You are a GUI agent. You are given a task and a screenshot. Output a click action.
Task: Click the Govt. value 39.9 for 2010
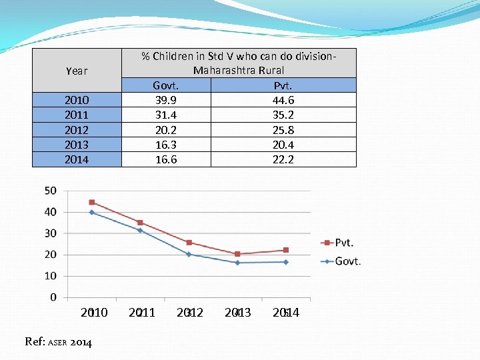tap(165, 100)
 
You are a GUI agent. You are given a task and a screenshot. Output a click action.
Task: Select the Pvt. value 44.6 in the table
tap(283, 100)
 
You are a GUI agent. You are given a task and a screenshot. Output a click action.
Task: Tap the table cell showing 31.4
tap(165, 115)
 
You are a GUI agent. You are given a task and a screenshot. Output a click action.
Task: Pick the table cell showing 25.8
tap(283, 130)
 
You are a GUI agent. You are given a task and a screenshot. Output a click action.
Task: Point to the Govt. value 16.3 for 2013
tap(165, 145)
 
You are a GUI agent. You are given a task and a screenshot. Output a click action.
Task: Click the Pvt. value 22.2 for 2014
tap(283, 159)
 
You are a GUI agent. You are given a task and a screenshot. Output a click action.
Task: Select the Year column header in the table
tap(77, 71)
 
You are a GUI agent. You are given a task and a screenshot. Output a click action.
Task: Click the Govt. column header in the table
tap(165, 85)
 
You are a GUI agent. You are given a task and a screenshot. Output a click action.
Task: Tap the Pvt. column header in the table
tap(283, 85)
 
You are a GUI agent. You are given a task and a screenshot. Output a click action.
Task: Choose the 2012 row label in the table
tap(77, 130)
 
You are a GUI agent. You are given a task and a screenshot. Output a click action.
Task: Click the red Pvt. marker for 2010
tap(92, 202)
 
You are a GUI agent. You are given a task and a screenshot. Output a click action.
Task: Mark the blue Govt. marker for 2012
tap(189, 254)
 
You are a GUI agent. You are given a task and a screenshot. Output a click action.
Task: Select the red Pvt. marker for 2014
tap(286, 250)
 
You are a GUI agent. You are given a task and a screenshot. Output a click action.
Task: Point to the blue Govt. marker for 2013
tap(237, 263)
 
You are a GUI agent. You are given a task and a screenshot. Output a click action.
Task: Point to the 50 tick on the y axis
tap(51, 191)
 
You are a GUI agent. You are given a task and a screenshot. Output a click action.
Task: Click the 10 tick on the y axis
tap(51, 276)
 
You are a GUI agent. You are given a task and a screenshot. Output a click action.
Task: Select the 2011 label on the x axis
tap(141, 313)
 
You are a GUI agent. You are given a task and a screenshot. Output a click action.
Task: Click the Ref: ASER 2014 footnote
tap(59, 342)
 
